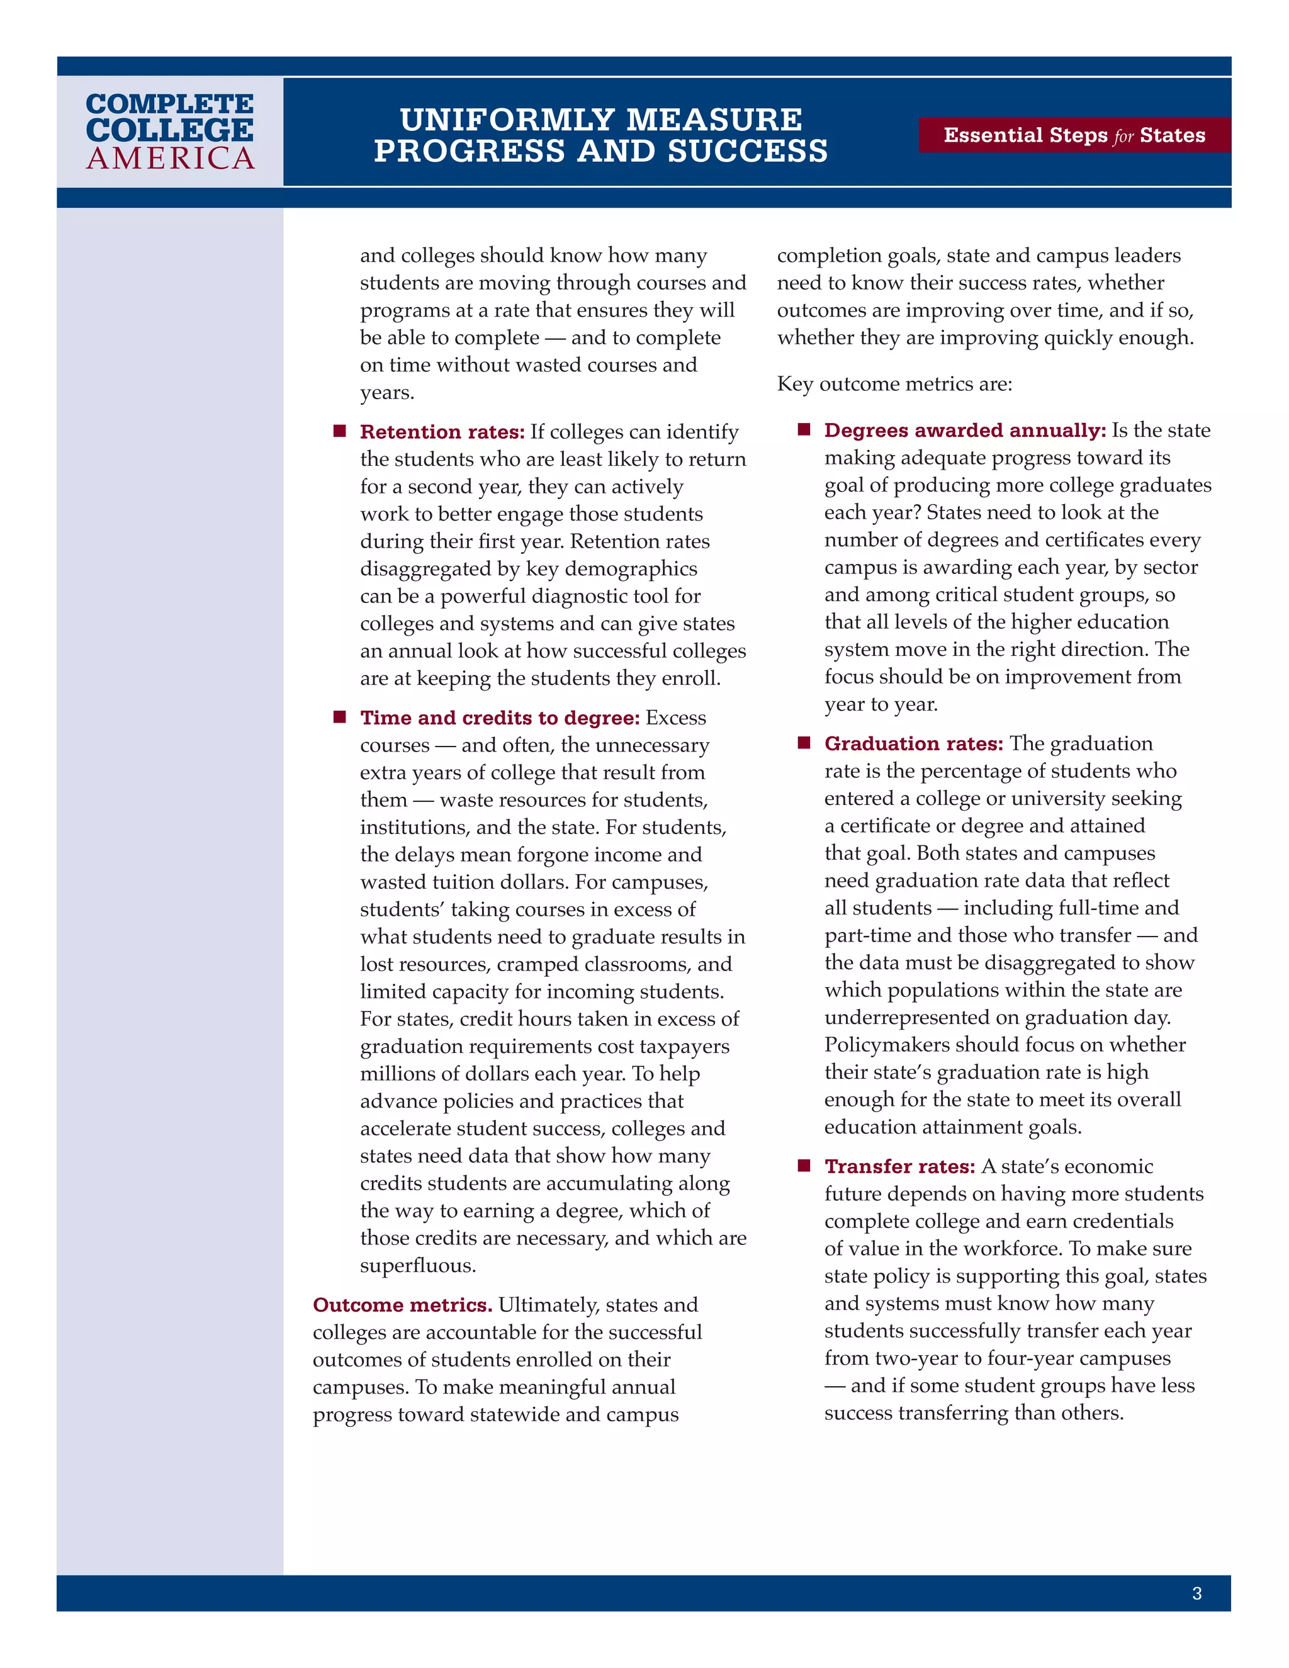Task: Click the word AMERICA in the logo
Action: tap(171, 159)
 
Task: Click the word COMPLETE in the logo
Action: tap(169, 103)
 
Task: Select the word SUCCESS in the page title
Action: tap(748, 151)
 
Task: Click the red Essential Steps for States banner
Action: tap(1074, 135)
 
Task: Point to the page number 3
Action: tap(1196, 1593)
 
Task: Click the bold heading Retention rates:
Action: tap(442, 432)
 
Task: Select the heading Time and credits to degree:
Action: tap(499, 718)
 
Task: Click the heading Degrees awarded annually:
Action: tap(964, 431)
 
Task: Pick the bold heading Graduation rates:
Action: tap(913, 744)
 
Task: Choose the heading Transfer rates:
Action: tap(899, 1166)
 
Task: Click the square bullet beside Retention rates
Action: tap(340, 432)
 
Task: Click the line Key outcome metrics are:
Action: tap(894, 384)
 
